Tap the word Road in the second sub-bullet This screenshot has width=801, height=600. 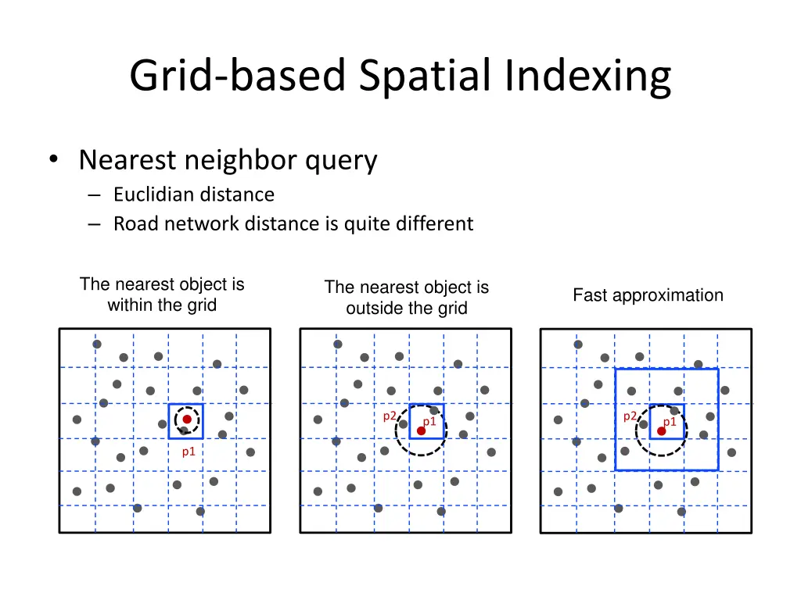coord(134,224)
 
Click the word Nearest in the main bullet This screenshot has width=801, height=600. coord(128,160)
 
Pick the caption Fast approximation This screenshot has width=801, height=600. coord(648,295)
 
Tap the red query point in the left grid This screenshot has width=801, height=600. coord(187,420)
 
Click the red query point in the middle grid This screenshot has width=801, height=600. coord(421,430)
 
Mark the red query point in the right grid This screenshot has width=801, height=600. coord(661,430)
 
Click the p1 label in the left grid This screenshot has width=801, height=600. coord(189,451)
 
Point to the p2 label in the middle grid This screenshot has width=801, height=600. coord(389,416)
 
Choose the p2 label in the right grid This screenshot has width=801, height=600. coord(630,416)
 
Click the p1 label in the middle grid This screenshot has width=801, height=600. coord(429,422)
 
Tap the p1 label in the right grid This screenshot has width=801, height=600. coord(670,422)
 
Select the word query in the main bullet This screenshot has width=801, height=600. coord(341,160)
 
